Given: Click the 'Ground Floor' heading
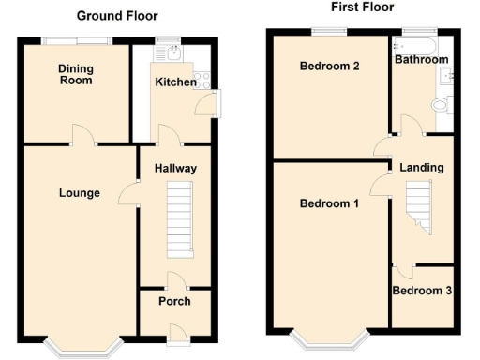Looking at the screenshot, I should click(117, 16).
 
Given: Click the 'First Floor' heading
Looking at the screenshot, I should click(363, 7).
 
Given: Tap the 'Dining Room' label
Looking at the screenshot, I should click(76, 75).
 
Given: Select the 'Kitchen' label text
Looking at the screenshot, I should click(175, 82).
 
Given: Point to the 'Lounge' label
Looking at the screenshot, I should click(80, 193).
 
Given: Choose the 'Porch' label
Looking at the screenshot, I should click(174, 301).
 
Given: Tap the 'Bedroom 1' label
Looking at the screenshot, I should click(329, 203).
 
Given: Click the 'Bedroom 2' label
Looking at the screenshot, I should click(329, 67).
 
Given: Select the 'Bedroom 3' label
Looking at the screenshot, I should click(422, 292).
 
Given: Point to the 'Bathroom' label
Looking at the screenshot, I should click(421, 60).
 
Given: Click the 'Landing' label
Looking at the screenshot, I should click(422, 168).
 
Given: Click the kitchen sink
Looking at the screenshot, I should click(170, 52).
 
